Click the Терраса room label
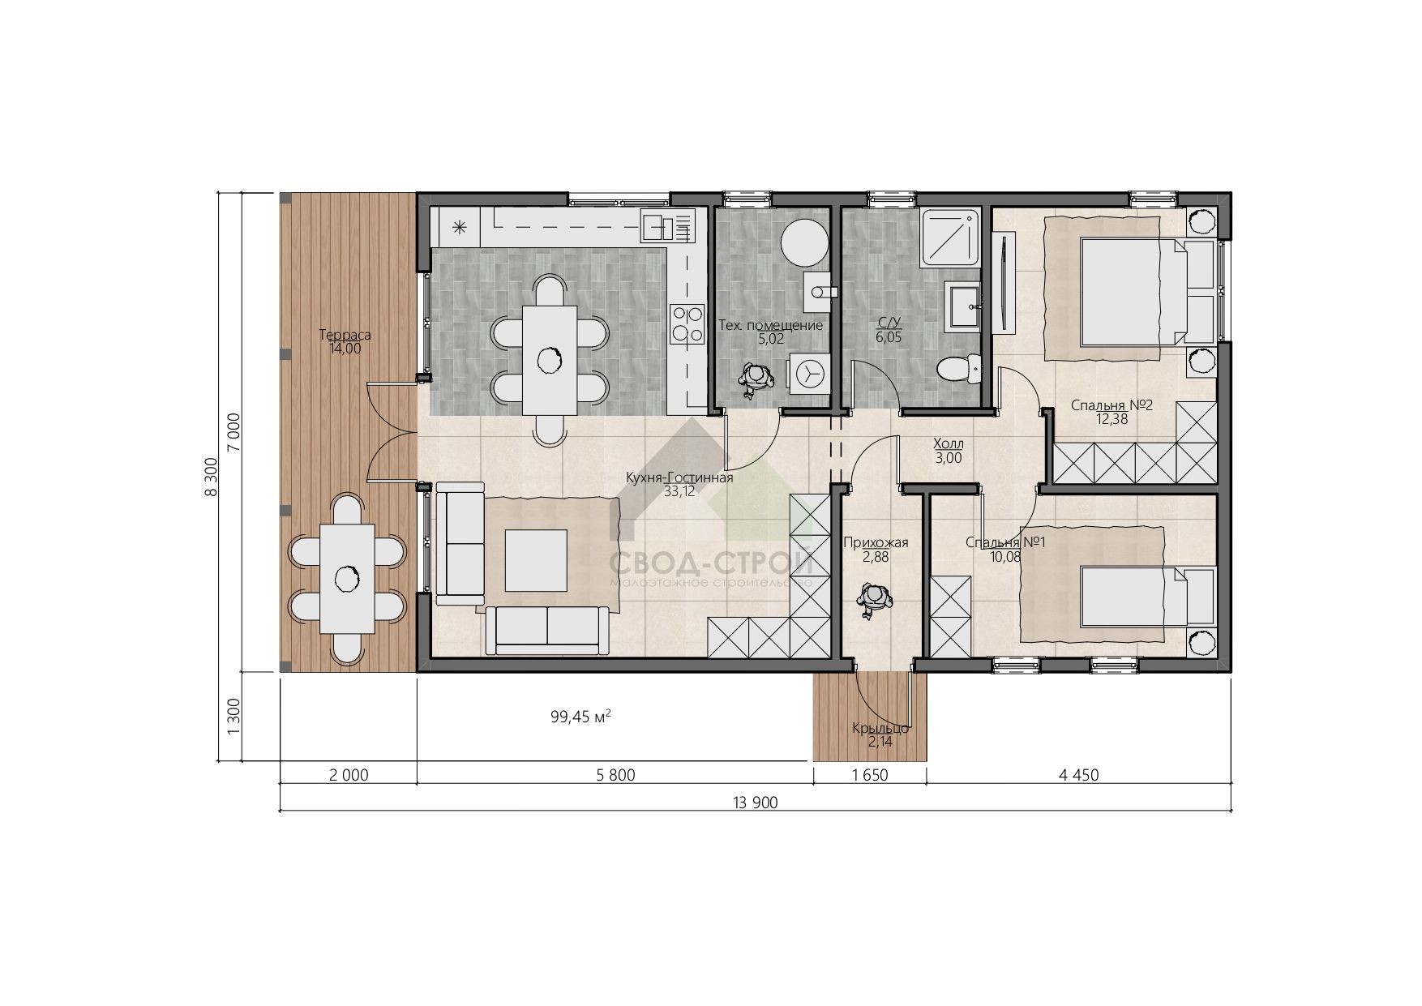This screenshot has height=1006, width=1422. pyautogui.click(x=345, y=335)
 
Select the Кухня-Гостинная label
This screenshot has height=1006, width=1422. pyautogui.click(x=679, y=477)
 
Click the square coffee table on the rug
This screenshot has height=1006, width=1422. pyautogui.click(x=536, y=560)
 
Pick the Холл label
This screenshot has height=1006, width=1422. pyautogui.click(x=949, y=443)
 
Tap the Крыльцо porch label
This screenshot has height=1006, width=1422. pyautogui.click(x=880, y=729)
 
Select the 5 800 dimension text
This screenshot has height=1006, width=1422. pyautogui.click(x=615, y=775)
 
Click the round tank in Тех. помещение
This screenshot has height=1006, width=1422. pyautogui.click(x=804, y=242)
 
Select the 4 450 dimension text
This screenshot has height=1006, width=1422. pyautogui.click(x=1078, y=775)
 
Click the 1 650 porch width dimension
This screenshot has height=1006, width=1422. pyautogui.click(x=870, y=775)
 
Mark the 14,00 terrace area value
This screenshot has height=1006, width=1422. pyautogui.click(x=345, y=349)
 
